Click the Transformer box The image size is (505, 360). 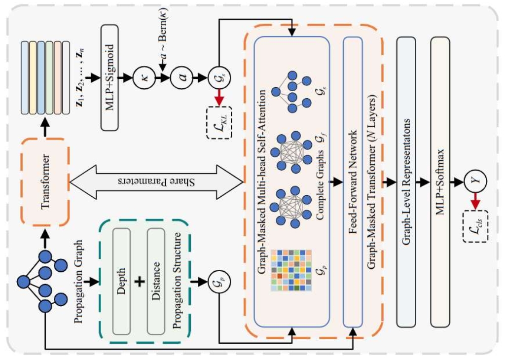pyautogui.click(x=45, y=180)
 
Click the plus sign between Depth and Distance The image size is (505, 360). pyautogui.click(x=141, y=281)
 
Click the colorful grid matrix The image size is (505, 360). pyautogui.click(x=291, y=266)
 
